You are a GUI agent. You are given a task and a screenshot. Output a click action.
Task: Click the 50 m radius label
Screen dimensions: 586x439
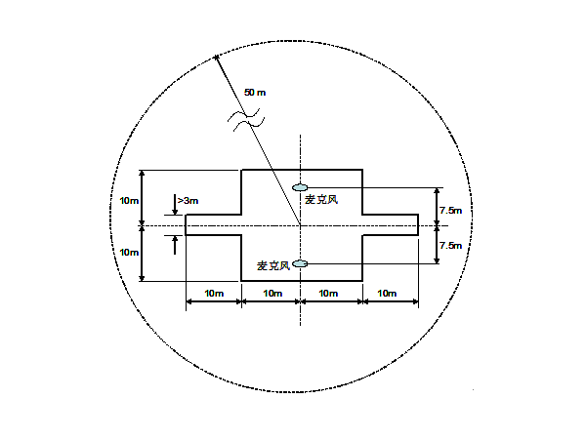coord(255,93)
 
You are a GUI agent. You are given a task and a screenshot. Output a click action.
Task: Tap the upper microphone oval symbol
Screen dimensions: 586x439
coord(300,187)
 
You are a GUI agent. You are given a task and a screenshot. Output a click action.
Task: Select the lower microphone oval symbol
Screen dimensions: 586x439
coord(300,264)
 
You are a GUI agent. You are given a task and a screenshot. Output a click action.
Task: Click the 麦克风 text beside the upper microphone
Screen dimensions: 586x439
coord(321,200)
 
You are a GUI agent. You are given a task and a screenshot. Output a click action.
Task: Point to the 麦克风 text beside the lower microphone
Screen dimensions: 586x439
coord(273,265)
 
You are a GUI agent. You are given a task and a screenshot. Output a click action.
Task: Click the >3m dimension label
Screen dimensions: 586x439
coord(188,201)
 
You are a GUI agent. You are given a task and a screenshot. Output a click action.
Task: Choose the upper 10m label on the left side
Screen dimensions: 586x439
coord(129,201)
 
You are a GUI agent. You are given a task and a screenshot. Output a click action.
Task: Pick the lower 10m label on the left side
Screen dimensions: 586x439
coord(129,253)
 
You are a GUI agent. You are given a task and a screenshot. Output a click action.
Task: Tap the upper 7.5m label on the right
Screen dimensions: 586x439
coord(450,211)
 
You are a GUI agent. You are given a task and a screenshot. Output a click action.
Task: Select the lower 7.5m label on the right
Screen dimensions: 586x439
coord(450,246)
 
